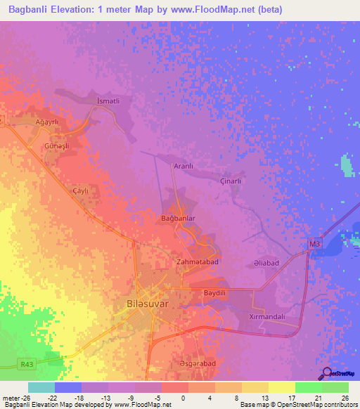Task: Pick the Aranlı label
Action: click(184, 166)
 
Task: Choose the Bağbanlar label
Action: click(177, 219)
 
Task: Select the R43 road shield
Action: click(27, 363)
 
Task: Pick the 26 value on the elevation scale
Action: click(344, 398)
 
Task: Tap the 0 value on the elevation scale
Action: click(183, 398)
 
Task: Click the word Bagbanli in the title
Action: click(30, 8)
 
